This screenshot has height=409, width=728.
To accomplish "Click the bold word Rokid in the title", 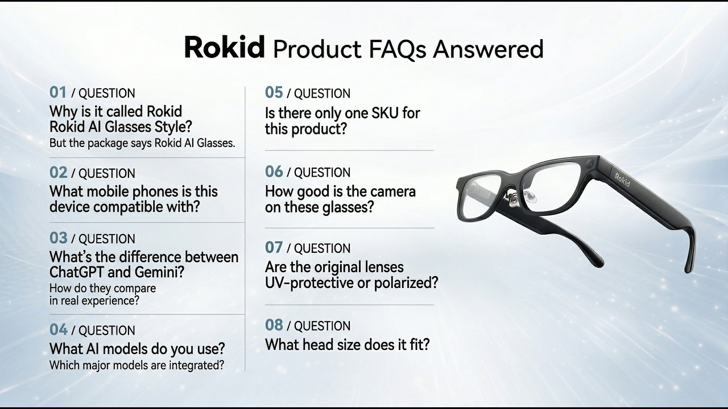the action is (x=225, y=47).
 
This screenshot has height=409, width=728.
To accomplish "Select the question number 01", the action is (x=58, y=93).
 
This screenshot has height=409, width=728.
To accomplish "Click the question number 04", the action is (x=59, y=330).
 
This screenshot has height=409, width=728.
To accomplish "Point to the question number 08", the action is (x=274, y=325).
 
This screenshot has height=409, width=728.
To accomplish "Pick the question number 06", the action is (x=274, y=172).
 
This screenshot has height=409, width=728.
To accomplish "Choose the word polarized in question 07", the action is (x=406, y=283).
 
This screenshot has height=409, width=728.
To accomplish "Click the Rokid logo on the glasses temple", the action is (x=622, y=180).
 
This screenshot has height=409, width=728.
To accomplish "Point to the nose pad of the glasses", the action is (x=528, y=196).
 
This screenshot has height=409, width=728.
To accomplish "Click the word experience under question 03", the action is (x=110, y=301).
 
